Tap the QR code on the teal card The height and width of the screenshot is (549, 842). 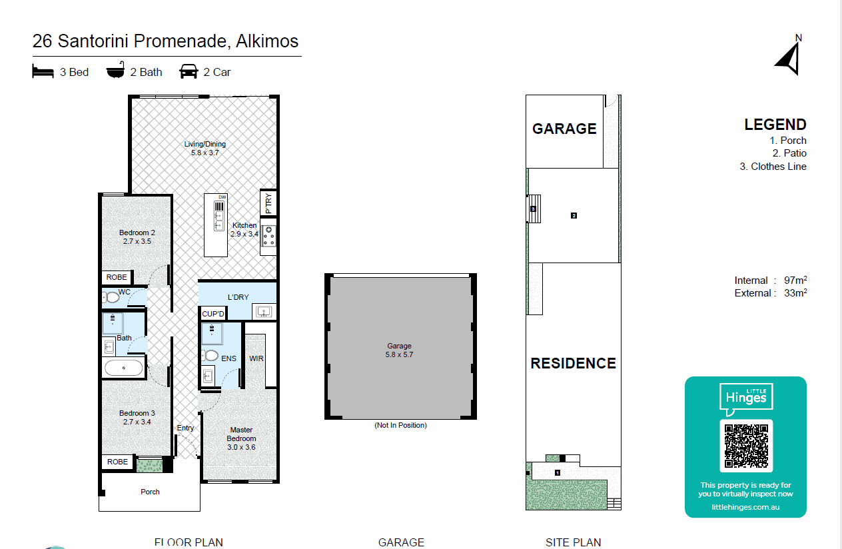click(x=746, y=446)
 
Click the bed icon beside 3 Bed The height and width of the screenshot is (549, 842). click(x=43, y=71)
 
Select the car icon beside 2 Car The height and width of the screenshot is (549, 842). click(x=189, y=71)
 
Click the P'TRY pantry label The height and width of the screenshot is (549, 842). click(x=268, y=203)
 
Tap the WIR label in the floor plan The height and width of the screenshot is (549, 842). click(x=256, y=358)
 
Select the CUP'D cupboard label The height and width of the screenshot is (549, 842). click(x=214, y=313)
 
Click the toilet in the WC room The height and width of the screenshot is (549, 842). click(x=111, y=297)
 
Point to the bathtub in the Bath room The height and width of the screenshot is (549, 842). click(x=123, y=368)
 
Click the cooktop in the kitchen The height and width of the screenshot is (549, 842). click(x=269, y=236)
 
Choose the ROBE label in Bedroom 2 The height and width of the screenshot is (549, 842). click(x=117, y=277)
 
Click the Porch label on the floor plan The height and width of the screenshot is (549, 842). click(x=150, y=492)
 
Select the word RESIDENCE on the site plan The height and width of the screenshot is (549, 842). click(x=573, y=363)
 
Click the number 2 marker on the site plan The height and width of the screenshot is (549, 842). click(x=574, y=215)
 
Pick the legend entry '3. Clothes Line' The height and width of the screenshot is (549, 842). click(x=773, y=167)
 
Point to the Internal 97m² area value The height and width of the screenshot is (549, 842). click(x=796, y=280)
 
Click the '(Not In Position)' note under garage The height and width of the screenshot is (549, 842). click(x=400, y=425)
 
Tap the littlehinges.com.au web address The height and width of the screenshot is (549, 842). click(x=745, y=507)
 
